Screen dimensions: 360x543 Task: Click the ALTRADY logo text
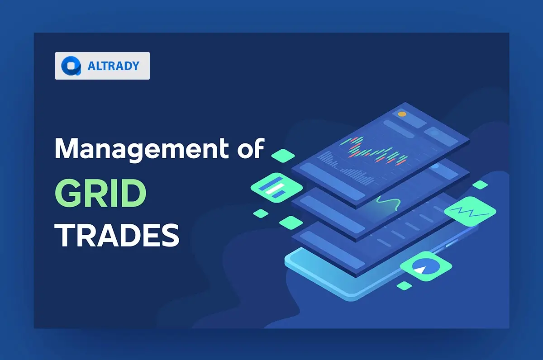click(x=113, y=66)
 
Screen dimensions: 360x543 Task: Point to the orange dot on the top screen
click(x=401, y=114)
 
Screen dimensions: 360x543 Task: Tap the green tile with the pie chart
click(x=426, y=266)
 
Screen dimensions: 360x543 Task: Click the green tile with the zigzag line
click(x=470, y=211)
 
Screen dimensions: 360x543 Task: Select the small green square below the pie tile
click(x=404, y=285)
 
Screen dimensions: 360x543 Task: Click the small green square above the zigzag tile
click(x=480, y=185)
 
